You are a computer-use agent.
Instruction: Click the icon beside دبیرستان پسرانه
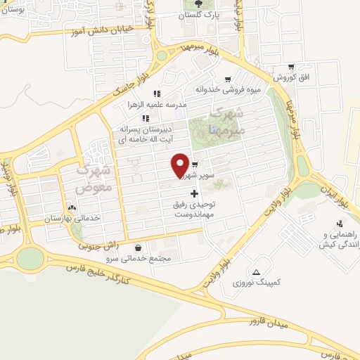pyautogui.click(x=146, y=118)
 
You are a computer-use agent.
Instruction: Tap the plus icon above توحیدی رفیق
pyautogui.click(x=195, y=192)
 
